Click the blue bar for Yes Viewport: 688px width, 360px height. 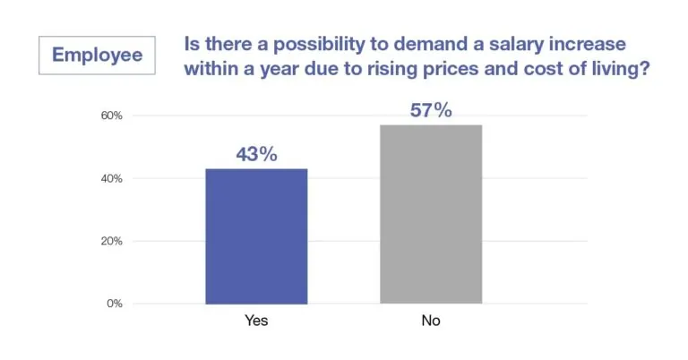tap(257, 236)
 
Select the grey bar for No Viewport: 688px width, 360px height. tap(430, 214)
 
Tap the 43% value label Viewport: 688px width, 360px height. tap(256, 154)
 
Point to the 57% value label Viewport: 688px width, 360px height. tap(430, 111)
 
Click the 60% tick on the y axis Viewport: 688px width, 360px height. tap(111, 116)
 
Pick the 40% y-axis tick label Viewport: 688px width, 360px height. tap(111, 178)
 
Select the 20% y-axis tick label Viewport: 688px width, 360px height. tap(111, 241)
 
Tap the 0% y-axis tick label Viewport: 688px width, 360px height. tap(115, 304)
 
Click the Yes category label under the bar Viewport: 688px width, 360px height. tap(257, 321)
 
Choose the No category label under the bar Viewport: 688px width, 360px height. tap(430, 321)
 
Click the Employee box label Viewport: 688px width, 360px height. tap(97, 55)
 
